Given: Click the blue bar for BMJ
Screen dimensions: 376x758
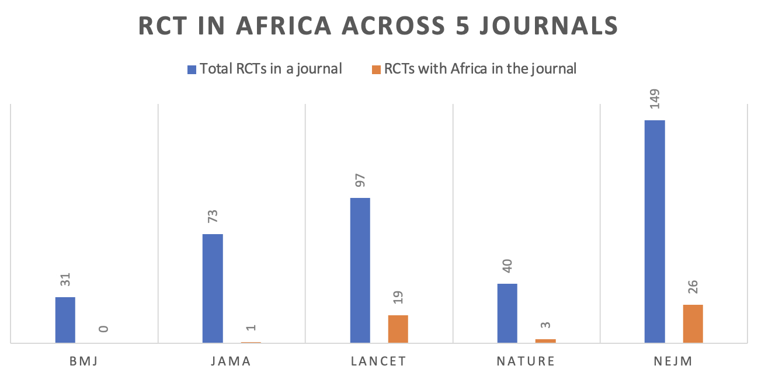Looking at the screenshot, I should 65,320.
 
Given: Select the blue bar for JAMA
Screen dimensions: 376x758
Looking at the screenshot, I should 213,288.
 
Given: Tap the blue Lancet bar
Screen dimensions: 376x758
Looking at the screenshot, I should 360,270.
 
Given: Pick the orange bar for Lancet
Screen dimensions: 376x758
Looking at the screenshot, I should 398,329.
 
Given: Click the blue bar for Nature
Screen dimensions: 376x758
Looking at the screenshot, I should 507,313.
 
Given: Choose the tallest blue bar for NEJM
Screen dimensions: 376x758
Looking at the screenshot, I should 655,231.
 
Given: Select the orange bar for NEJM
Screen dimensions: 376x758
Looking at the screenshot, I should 693,323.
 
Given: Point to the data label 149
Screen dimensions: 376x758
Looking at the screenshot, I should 655,101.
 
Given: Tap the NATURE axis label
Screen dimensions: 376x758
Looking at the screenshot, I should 526,361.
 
